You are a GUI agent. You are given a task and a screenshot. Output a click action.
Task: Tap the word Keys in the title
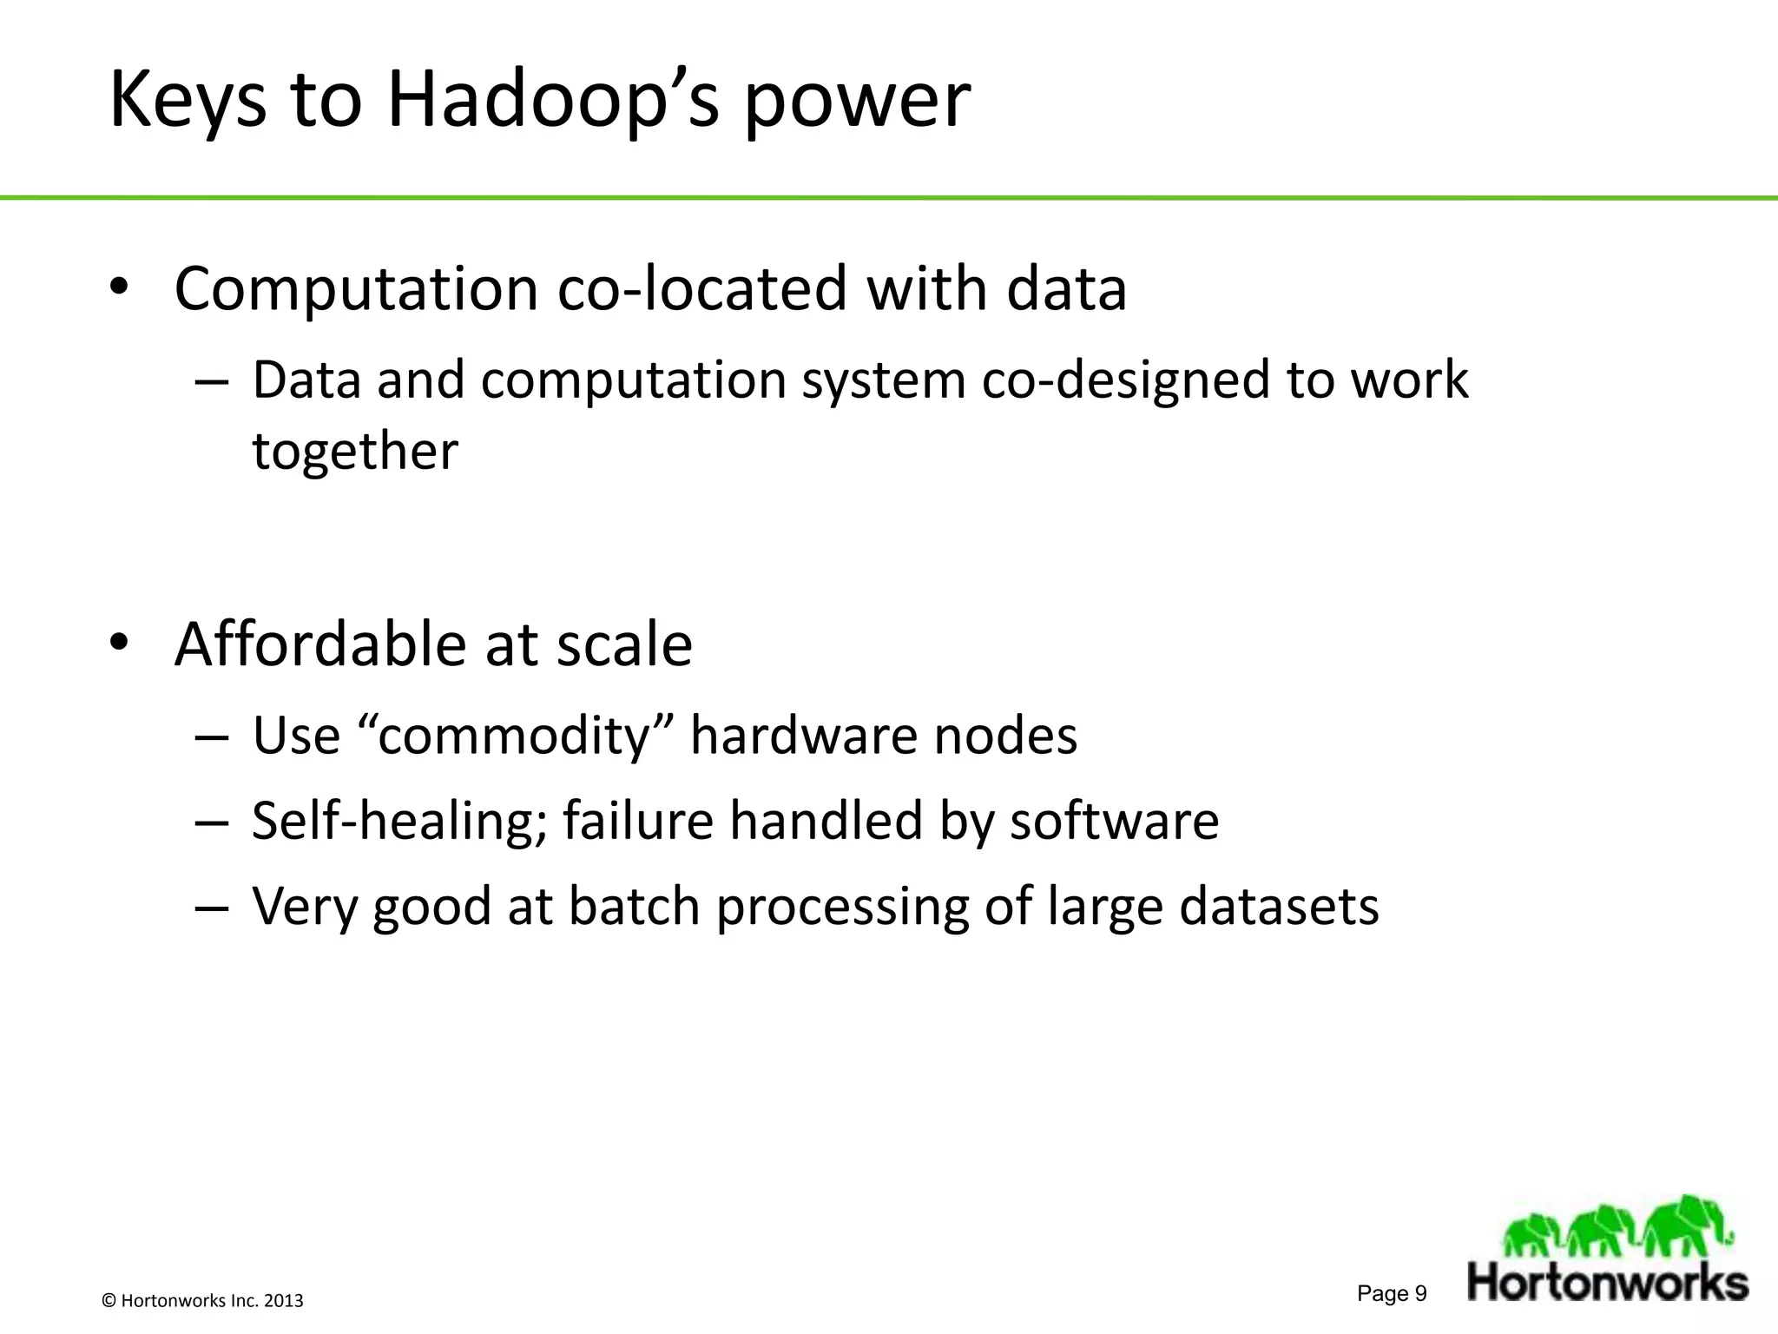[188, 102]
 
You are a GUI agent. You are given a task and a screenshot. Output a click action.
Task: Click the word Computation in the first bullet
[357, 290]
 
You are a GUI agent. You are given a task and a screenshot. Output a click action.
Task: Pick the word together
[355, 452]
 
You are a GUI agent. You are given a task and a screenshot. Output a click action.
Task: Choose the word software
[1114, 822]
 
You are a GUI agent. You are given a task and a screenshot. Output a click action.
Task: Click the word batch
[634, 908]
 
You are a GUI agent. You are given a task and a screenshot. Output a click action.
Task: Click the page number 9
[1420, 1294]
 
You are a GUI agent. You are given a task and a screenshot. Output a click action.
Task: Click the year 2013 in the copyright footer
[283, 1301]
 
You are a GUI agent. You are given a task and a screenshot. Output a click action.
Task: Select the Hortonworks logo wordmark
[1608, 1283]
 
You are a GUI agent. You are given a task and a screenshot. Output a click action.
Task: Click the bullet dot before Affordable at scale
[119, 643]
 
